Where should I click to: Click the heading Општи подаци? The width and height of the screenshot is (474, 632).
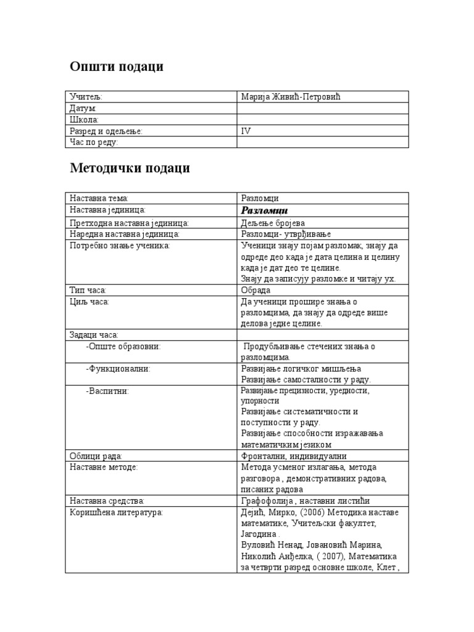[x=117, y=67]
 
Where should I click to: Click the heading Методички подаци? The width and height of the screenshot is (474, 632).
[x=130, y=168]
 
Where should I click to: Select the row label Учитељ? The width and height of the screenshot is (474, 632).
[x=86, y=97]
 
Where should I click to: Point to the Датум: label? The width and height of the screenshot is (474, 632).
[x=83, y=108]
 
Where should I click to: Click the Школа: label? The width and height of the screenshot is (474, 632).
[x=84, y=120]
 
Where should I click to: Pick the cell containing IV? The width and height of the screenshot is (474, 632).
[x=246, y=131]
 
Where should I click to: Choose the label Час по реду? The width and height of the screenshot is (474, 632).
[x=94, y=143]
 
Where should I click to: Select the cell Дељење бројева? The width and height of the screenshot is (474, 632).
[x=273, y=223]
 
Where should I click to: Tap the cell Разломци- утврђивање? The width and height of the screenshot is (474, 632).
[x=286, y=235]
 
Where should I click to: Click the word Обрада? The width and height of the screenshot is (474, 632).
[x=256, y=290]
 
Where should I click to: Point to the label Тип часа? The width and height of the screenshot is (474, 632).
[x=88, y=290]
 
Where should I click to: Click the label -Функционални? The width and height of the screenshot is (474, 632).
[x=118, y=368]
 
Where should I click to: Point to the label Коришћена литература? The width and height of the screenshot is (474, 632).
[x=116, y=513]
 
